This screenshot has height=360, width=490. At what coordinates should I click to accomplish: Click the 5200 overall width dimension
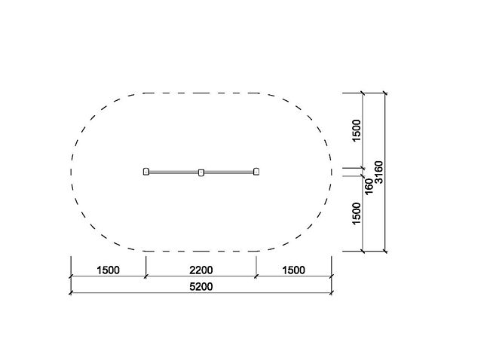pos(201,287)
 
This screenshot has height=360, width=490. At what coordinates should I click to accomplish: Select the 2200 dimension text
pos(201,270)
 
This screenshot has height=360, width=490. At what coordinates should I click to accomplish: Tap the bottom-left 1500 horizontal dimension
pos(108,270)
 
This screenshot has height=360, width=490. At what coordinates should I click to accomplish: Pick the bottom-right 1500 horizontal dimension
pos(294,270)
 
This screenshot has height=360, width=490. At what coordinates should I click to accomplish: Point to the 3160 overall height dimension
pos(378,172)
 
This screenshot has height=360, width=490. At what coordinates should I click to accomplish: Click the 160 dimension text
pos(369,186)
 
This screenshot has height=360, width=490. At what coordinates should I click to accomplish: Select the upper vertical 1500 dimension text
pos(357,130)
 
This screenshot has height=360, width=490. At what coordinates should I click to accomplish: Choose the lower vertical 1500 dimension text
pos(357,213)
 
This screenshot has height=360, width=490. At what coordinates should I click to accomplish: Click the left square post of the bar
pos(146,172)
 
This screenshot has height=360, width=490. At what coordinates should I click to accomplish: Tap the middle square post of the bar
pos(201,172)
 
